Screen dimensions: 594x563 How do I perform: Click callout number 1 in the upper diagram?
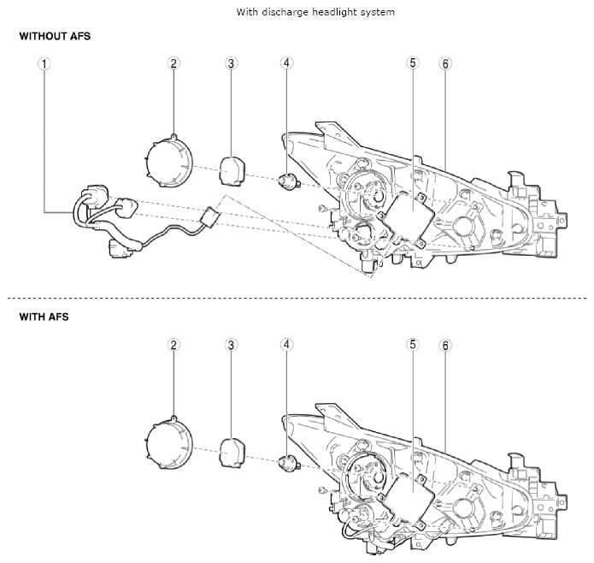[x=44, y=63]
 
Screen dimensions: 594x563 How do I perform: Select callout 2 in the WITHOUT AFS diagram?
[x=173, y=63]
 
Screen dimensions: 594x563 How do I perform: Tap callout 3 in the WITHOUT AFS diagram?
[x=231, y=63]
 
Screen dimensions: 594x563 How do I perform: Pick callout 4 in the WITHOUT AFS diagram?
[x=287, y=63]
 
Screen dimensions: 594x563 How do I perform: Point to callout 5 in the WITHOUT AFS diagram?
[x=413, y=63]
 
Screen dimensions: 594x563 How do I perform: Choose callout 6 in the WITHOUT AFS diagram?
[x=445, y=63]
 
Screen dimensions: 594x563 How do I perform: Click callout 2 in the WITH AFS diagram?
[x=173, y=345]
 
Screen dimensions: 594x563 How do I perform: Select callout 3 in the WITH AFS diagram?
[x=231, y=345]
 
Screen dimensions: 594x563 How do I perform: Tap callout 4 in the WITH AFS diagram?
[x=287, y=345]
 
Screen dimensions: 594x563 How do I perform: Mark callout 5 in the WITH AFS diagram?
[x=413, y=345]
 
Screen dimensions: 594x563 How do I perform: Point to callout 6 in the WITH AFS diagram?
[x=445, y=346]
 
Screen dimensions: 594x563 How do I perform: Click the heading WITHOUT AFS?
[x=55, y=37]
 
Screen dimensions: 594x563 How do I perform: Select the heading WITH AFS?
[x=44, y=317]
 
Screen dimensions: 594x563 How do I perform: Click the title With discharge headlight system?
[x=315, y=12]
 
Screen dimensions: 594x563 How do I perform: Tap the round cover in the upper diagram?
[x=169, y=162]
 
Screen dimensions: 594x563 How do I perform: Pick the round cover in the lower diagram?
[x=169, y=443]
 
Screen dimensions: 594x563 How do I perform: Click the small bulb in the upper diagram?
[x=289, y=181]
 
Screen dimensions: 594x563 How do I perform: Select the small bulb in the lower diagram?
[x=289, y=462]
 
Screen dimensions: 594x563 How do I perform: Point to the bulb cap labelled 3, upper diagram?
[x=232, y=171]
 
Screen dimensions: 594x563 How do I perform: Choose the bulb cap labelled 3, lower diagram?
[x=232, y=453]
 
